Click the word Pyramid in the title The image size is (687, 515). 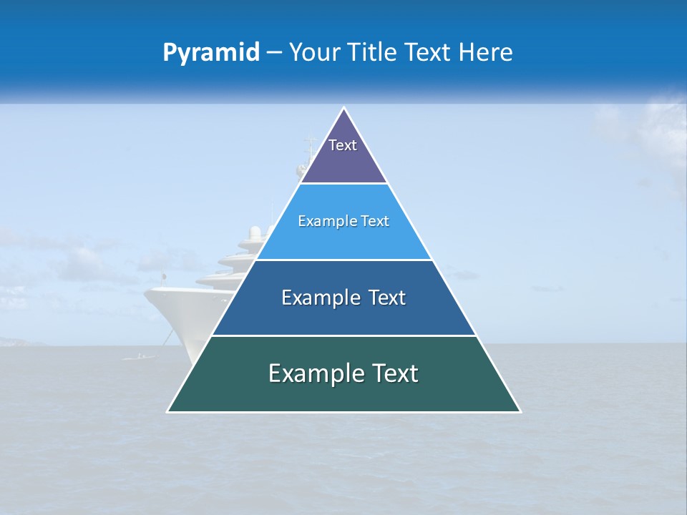coord(211,53)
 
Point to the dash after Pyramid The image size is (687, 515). coord(273,53)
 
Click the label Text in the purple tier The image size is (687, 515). coord(342,145)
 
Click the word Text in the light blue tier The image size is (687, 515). coord(374,221)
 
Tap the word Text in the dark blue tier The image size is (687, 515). coord(387,298)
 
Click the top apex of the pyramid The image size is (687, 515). coord(344,108)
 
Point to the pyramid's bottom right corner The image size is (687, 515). coord(520,411)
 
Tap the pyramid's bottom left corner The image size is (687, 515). coord(168,411)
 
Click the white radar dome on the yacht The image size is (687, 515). coord(255,232)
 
